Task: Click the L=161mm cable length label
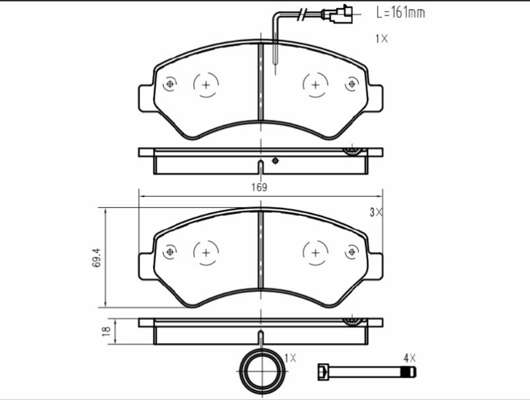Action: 401,13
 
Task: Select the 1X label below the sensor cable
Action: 381,39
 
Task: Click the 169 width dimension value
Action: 259,187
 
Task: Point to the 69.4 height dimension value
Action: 97,258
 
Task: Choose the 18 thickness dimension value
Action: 106,331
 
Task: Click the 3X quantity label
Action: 377,212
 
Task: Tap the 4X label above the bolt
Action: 409,357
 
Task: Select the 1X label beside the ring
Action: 290,357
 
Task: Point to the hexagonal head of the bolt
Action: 322,371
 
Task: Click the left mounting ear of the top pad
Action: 145,99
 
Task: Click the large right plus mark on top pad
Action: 315,85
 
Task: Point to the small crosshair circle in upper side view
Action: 275,161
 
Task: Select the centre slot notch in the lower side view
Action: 260,337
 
